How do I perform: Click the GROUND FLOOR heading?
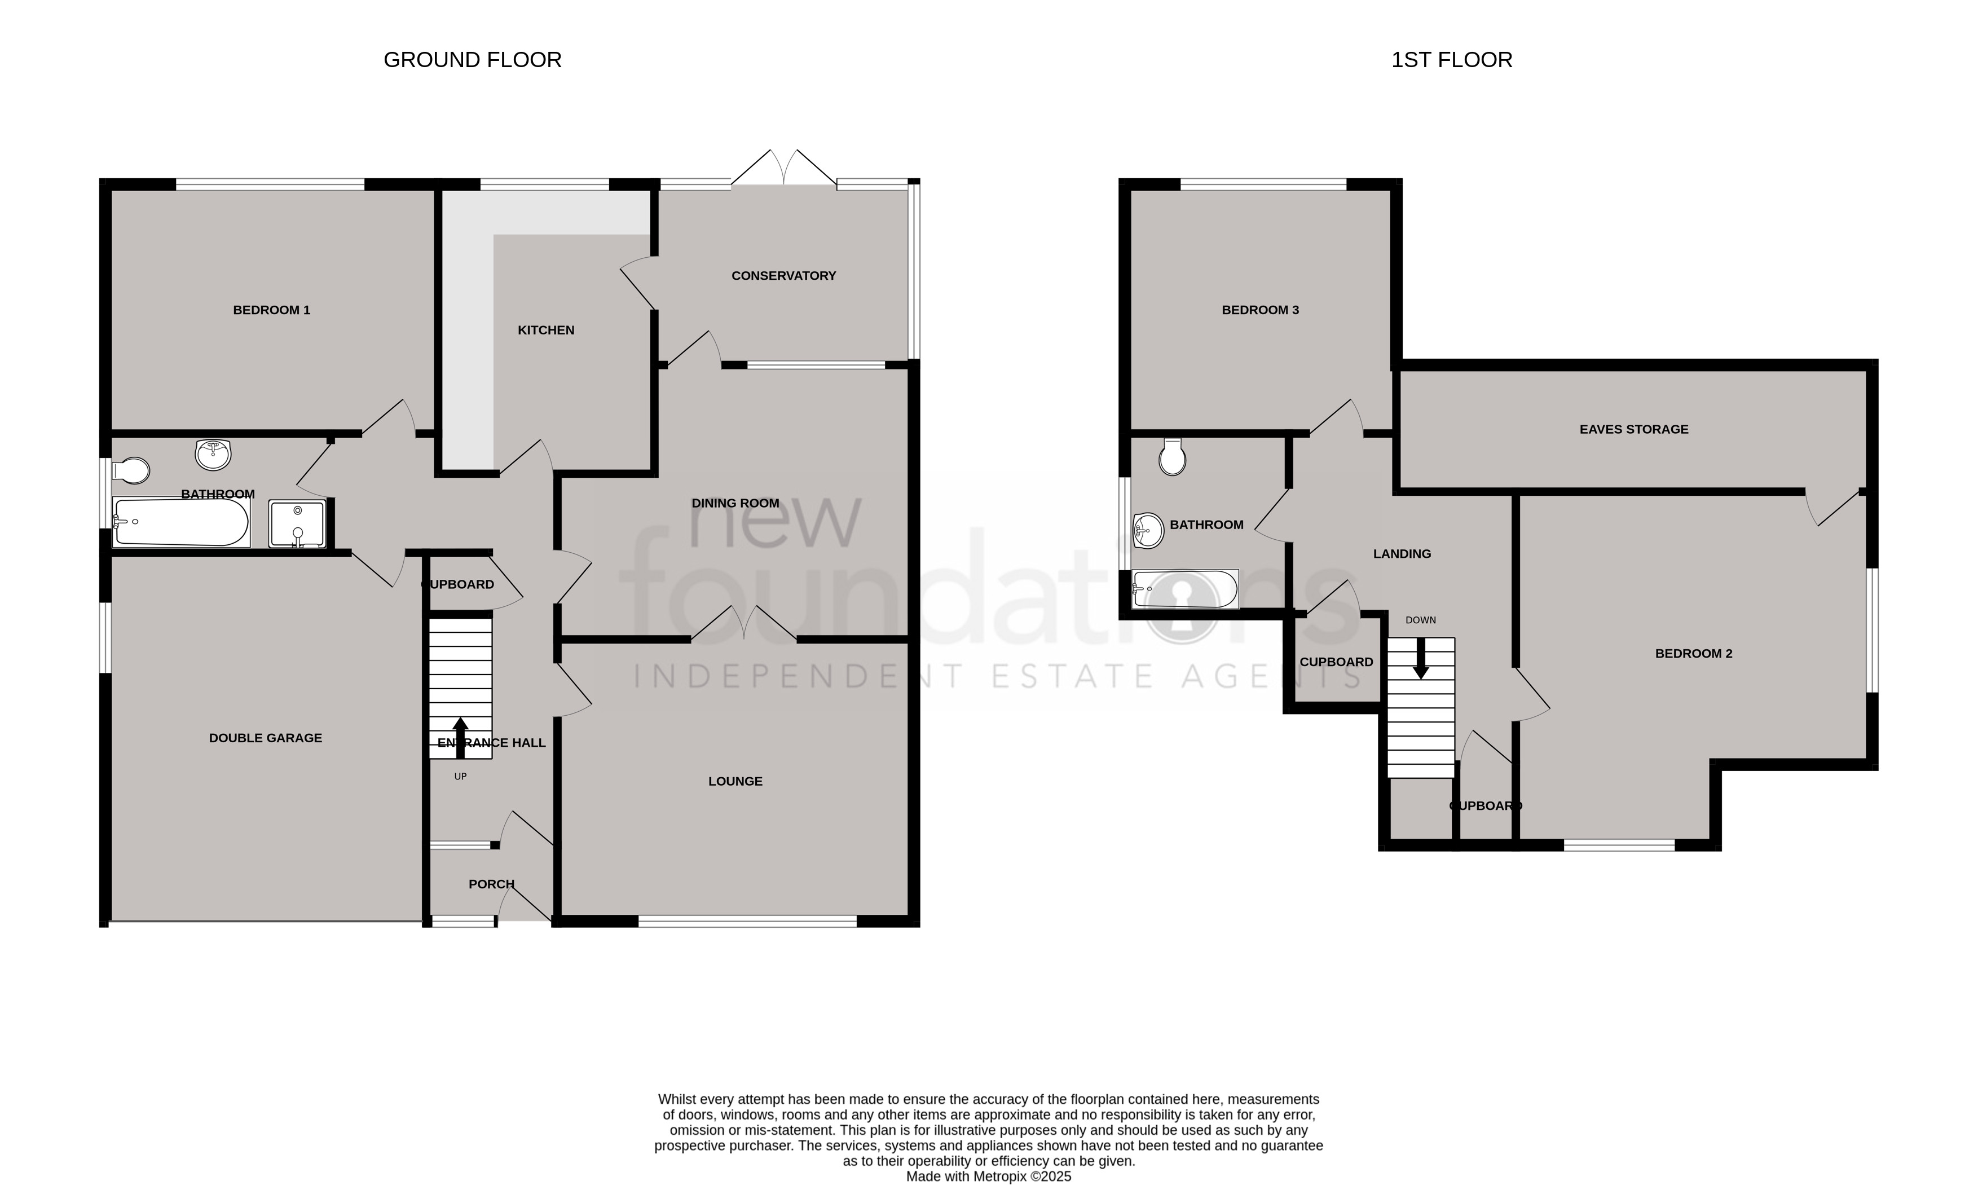click(x=473, y=60)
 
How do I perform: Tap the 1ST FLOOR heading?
click(x=1452, y=60)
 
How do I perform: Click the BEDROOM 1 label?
click(x=271, y=310)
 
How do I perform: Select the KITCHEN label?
click(x=546, y=330)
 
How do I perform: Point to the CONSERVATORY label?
click(x=783, y=275)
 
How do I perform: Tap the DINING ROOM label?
click(x=735, y=503)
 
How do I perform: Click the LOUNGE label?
click(x=735, y=781)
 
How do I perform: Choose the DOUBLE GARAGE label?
click(x=266, y=738)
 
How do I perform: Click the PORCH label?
click(x=492, y=884)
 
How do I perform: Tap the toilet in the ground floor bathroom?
click(x=131, y=471)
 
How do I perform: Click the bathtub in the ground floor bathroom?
click(x=181, y=522)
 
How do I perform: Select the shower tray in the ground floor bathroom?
click(x=297, y=524)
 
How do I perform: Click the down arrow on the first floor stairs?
click(x=1421, y=659)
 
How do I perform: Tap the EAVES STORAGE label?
click(x=1634, y=429)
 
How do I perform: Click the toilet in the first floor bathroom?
click(x=1172, y=457)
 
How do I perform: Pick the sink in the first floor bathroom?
click(x=1148, y=530)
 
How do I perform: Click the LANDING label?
click(x=1402, y=553)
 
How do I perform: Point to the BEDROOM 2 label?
click(x=1694, y=653)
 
